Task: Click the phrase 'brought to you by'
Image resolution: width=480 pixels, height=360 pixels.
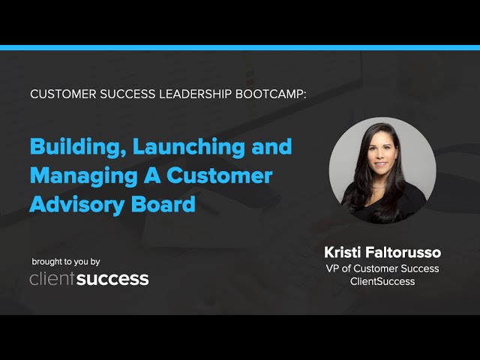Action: (66, 262)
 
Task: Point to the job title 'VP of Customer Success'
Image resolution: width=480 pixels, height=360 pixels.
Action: (382, 268)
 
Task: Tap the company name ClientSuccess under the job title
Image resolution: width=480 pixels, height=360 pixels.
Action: (382, 281)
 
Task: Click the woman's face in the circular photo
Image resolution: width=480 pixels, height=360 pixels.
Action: (380, 157)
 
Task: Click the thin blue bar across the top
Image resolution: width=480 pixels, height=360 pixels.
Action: (240, 47)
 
